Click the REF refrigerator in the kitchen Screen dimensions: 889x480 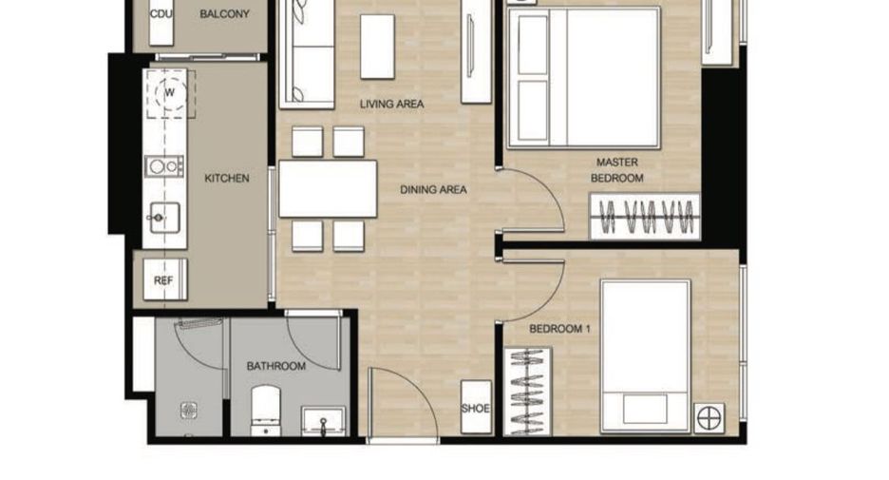pyautogui.click(x=165, y=279)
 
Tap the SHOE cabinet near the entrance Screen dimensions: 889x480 pyautogui.click(x=476, y=408)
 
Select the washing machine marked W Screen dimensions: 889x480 pyautogui.click(x=169, y=92)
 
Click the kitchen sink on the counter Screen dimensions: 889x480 pyautogui.click(x=164, y=218)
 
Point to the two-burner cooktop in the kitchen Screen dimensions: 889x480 pyautogui.click(x=164, y=166)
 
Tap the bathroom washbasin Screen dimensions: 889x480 pyautogui.click(x=323, y=421)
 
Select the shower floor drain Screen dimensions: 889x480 pyautogui.click(x=189, y=411)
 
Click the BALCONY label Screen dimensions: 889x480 pyautogui.click(x=224, y=14)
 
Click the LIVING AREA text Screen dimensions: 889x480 pyautogui.click(x=391, y=104)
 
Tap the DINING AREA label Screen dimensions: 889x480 pyautogui.click(x=434, y=189)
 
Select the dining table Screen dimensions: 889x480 pyautogui.click(x=328, y=189)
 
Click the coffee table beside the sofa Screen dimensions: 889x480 pyautogui.click(x=378, y=47)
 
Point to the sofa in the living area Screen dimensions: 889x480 pyautogui.click(x=307, y=54)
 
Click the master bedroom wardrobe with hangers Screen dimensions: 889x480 pyautogui.click(x=645, y=216)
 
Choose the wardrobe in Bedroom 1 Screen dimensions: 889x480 pyautogui.click(x=527, y=392)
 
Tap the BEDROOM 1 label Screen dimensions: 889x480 pyautogui.click(x=559, y=329)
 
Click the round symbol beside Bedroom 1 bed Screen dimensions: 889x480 pyautogui.click(x=709, y=419)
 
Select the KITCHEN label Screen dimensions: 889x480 pyautogui.click(x=227, y=178)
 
